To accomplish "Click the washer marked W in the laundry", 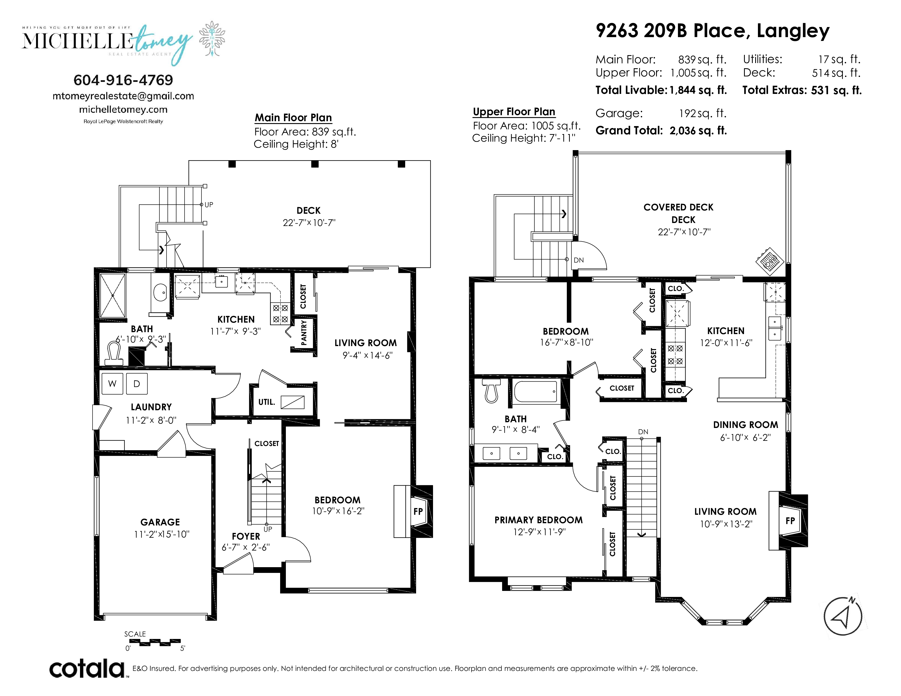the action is [x=112, y=383].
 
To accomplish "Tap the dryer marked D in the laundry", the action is [x=137, y=383].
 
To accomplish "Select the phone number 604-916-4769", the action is [x=123, y=80].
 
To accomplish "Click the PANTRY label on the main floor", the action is [x=304, y=332].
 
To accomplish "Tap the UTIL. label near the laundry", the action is [x=266, y=402].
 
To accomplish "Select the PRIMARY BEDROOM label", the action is [x=538, y=520].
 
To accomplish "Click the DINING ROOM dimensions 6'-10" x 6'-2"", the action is [x=745, y=438].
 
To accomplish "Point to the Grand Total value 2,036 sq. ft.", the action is [x=698, y=131].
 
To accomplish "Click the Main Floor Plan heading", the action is [x=293, y=118].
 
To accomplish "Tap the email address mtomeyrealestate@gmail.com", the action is [x=123, y=96].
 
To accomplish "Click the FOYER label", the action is [x=246, y=536].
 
